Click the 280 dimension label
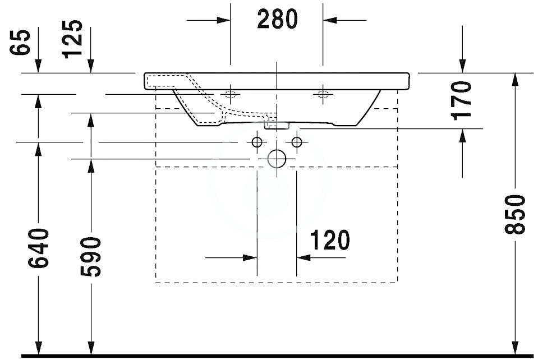point(277,20)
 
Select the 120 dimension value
point(329,241)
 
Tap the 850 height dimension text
point(514,214)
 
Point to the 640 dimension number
point(38,248)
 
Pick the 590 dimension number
point(90,257)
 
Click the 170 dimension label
point(462,101)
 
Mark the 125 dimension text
point(73,39)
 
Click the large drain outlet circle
point(277,159)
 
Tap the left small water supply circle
point(257,142)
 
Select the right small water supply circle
point(297,142)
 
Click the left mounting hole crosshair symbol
point(229,94)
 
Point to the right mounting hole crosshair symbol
point(323,94)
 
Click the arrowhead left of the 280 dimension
point(224,20)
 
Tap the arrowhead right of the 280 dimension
point(329,20)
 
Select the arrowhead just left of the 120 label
point(302,258)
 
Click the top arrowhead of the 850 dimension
point(514,79)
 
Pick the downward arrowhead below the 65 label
point(38,67)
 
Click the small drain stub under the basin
point(277,124)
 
